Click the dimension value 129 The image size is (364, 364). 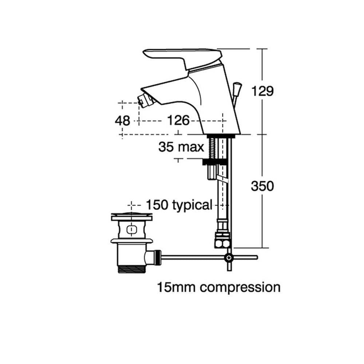click(x=262, y=91)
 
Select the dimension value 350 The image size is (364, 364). click(x=262, y=186)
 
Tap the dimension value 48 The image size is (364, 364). click(x=122, y=121)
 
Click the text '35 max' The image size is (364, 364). click(x=181, y=147)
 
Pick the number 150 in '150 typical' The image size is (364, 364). click(x=157, y=205)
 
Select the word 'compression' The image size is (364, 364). click(x=240, y=288)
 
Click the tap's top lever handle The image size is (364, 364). click(x=182, y=57)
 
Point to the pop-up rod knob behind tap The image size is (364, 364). click(x=237, y=87)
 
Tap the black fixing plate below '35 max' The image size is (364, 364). click(x=215, y=162)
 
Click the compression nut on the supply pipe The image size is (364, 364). click(x=222, y=240)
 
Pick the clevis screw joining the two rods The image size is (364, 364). click(x=229, y=257)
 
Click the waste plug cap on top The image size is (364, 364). click(x=132, y=216)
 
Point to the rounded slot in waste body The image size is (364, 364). click(x=132, y=230)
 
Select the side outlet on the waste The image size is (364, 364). click(x=153, y=257)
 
